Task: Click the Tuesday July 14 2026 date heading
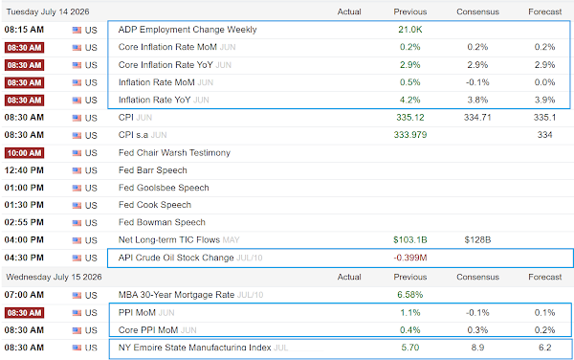point(48,11)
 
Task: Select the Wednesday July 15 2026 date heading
point(54,277)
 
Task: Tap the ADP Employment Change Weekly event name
point(188,30)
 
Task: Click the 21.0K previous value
point(410,30)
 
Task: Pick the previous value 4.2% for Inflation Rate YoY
point(410,100)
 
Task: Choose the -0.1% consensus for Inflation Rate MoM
point(477,82)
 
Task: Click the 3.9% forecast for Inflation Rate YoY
point(544,100)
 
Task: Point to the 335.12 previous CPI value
point(410,118)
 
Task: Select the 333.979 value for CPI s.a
point(410,135)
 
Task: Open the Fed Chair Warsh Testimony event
point(174,153)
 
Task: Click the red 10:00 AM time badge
point(24,153)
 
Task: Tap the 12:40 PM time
point(24,170)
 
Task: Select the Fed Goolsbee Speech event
point(164,188)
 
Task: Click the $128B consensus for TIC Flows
point(477,240)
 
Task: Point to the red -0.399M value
point(410,258)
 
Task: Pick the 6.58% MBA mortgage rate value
point(410,295)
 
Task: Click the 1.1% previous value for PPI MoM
point(410,313)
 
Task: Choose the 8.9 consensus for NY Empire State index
point(477,348)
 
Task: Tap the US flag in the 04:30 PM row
point(77,258)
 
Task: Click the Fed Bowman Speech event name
point(162,223)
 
